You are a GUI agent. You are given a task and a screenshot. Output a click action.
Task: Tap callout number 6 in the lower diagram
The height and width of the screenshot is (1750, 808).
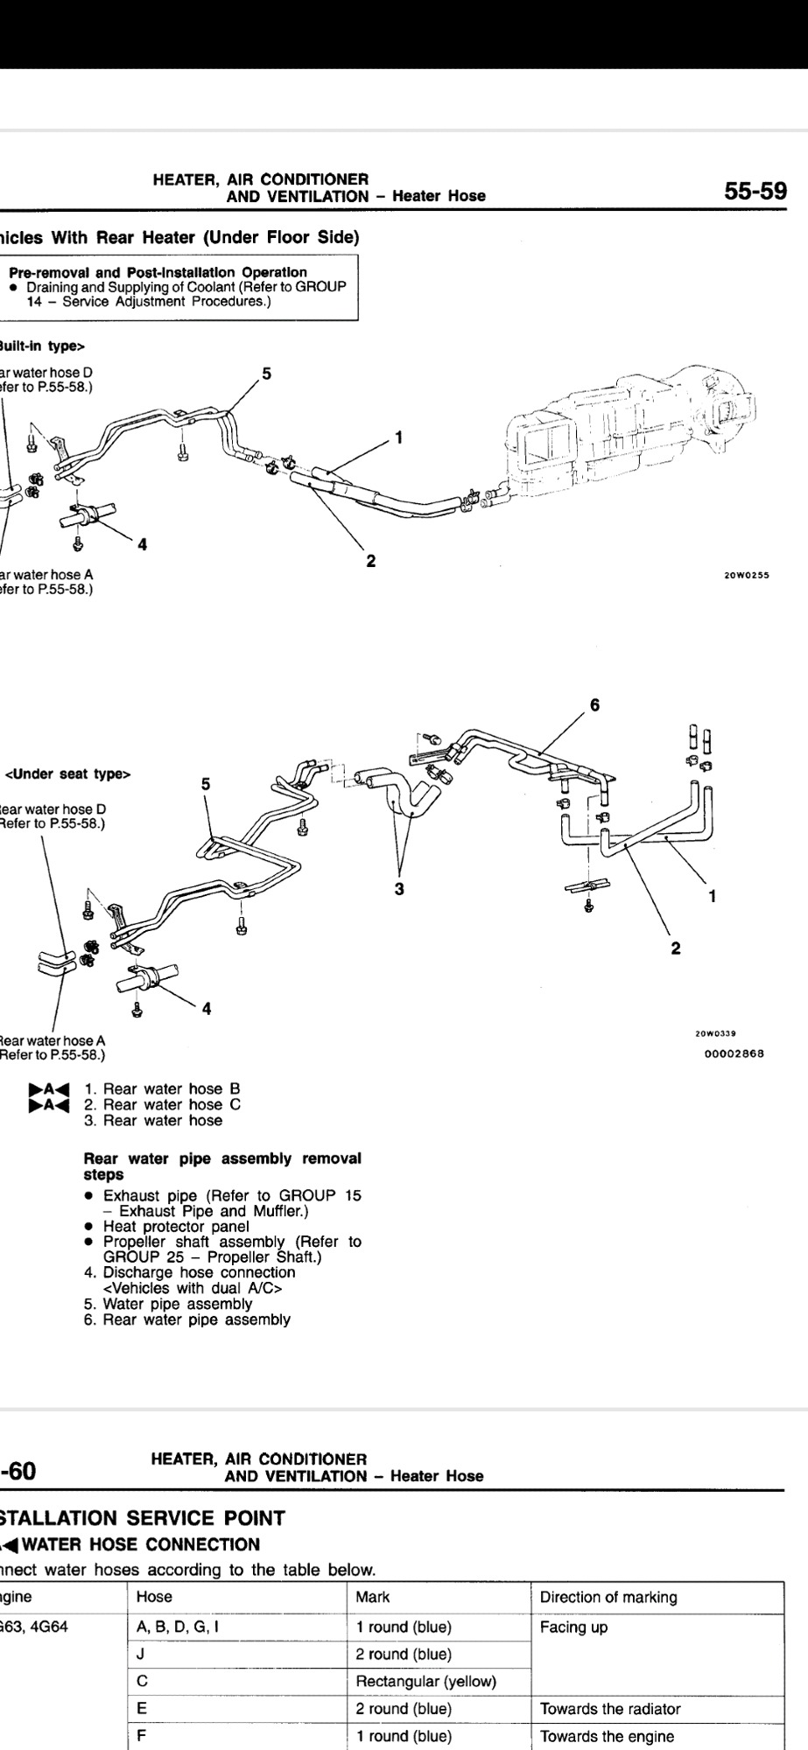tap(594, 704)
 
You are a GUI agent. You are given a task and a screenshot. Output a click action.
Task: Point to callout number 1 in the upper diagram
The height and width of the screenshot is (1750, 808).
tap(398, 437)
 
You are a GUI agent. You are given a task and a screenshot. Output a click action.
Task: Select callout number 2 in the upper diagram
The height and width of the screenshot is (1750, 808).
tap(371, 561)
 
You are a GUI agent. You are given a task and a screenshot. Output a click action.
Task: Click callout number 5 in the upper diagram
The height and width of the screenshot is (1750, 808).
tap(267, 374)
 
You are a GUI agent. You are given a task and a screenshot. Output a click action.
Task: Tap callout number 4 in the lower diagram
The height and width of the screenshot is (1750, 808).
tap(207, 1008)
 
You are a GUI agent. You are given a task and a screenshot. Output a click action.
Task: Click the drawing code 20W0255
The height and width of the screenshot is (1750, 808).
tap(745, 576)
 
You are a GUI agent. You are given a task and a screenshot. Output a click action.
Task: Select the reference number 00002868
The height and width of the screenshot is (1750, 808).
tap(734, 1053)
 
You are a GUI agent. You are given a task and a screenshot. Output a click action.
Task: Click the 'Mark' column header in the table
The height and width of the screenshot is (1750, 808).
tap(373, 1597)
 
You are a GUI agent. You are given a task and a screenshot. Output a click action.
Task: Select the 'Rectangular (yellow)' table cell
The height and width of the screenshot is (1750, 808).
tap(426, 1681)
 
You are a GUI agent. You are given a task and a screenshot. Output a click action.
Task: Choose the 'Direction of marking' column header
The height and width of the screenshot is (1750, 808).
tap(608, 1597)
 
